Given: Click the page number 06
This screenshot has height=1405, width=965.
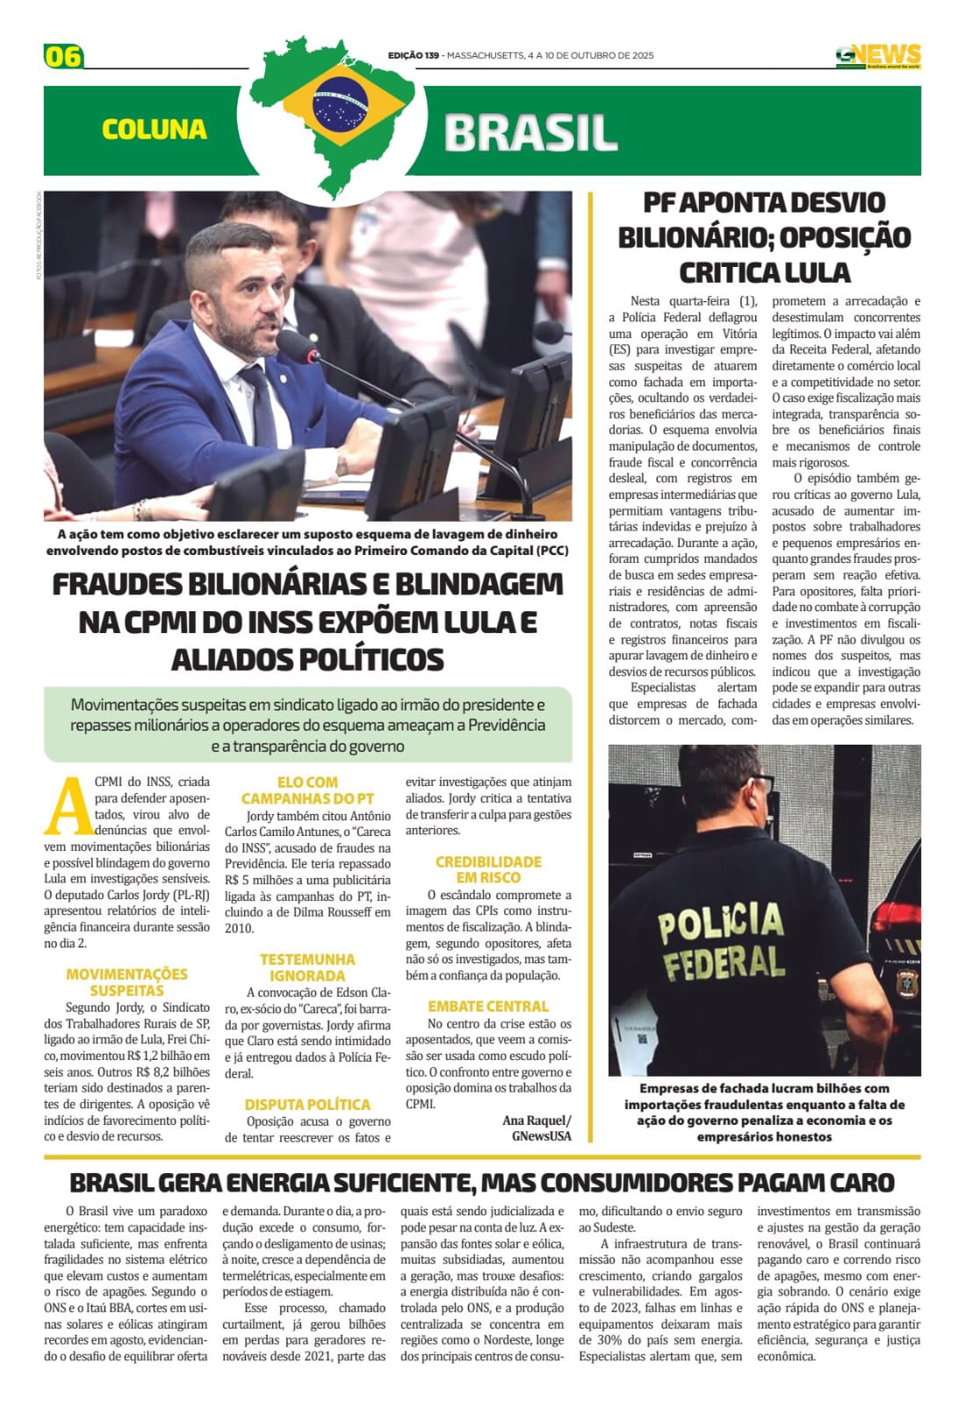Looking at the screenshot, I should [x=62, y=56].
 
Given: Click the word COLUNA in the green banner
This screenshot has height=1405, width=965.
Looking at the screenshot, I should [x=154, y=129].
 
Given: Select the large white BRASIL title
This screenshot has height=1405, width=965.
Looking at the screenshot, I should [x=530, y=133].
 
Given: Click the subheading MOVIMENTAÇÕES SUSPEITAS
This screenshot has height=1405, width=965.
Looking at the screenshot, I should [x=126, y=982].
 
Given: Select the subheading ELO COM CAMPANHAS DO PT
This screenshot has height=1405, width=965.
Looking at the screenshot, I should [x=307, y=790].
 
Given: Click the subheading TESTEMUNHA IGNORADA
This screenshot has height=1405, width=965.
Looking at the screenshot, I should [x=307, y=967].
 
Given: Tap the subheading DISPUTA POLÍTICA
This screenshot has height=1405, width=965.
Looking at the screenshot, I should [x=307, y=1104].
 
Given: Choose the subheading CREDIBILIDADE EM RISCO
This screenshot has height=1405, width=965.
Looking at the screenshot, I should [x=488, y=869].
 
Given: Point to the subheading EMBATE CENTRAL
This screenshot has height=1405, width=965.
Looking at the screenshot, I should [x=488, y=1006].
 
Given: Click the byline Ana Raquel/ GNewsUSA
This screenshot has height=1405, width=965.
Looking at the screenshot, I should [x=537, y=1128].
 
